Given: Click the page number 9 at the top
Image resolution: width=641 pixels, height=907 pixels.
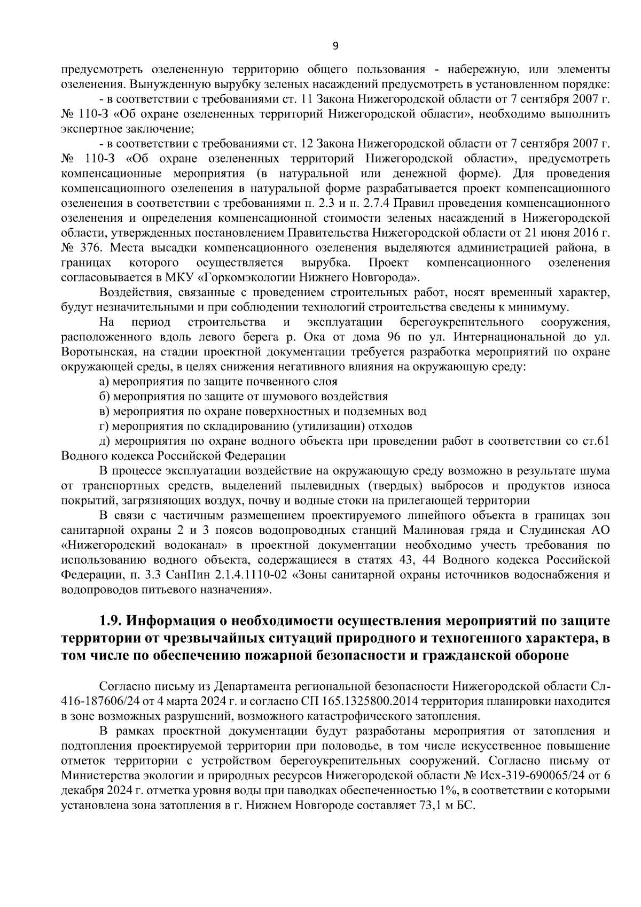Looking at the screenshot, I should (335, 46).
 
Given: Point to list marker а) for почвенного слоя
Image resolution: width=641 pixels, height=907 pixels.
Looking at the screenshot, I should (105, 382).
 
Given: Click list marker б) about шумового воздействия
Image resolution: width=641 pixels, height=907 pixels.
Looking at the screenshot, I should (105, 397).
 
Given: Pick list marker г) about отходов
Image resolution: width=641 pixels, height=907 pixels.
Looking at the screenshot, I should (104, 427).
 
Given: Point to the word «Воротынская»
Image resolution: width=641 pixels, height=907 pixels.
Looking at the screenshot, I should (92, 352).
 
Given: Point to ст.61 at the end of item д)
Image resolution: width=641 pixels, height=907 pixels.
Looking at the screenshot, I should (596, 441).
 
